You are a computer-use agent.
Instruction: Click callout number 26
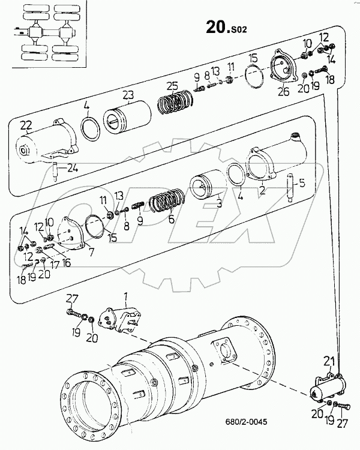[x=283, y=92]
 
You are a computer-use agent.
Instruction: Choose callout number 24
[x=73, y=169]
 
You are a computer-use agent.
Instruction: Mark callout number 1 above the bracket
[x=125, y=296]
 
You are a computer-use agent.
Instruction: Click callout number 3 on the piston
[x=219, y=203]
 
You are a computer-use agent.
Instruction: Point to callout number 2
[x=262, y=191]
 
